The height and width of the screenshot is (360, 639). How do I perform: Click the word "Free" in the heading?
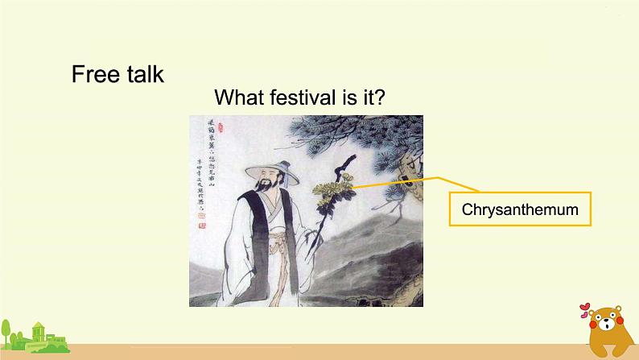[x=94, y=74]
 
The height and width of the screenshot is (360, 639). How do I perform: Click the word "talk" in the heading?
[x=142, y=74]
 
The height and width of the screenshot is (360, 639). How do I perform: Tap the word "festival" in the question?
[x=303, y=98]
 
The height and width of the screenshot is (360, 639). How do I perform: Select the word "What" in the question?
[x=241, y=98]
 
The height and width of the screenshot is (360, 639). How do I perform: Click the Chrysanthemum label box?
[x=520, y=209]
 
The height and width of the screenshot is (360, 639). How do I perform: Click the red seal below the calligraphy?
[x=202, y=226]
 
